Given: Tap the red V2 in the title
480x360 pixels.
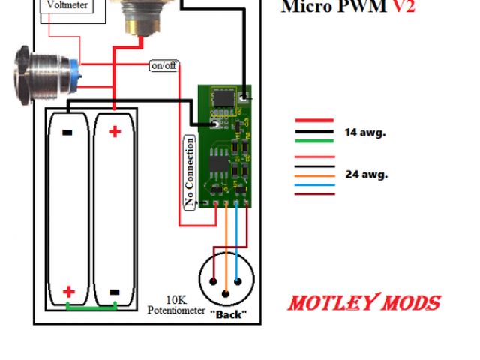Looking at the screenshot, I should pos(400,7).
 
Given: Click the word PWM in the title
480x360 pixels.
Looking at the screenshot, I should pos(359,7).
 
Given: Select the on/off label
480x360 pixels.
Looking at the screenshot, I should pos(164,65).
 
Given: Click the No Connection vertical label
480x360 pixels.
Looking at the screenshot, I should pos(190,172).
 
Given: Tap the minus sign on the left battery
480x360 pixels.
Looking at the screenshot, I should pos(67,133).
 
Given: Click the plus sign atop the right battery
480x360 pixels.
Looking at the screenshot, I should pos(115,132).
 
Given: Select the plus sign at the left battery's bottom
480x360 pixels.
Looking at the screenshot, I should pos(68,291).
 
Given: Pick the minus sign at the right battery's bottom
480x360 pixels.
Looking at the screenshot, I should pos(115,291).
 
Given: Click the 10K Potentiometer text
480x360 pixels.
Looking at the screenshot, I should pos(176,304).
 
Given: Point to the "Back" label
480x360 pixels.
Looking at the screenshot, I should pos(227,314).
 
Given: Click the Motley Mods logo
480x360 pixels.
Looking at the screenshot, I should pos(364,303).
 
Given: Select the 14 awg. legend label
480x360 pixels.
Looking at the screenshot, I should pos(365,132).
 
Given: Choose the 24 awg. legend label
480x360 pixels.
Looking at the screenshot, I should pos(366,174).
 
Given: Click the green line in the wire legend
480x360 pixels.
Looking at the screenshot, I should pos(314,140).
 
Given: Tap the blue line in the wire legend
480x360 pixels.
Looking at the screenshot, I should pos(314,185).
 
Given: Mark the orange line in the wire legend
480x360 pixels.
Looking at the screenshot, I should pos(314,176).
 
